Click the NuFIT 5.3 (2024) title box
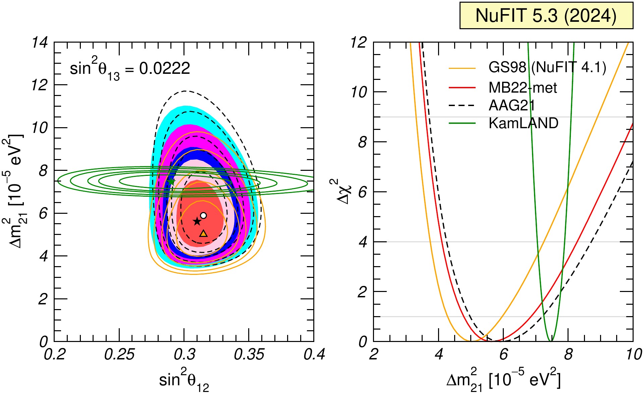point(546,15)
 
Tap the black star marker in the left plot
point(197,221)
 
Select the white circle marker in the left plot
point(203,215)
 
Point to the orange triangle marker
point(203,234)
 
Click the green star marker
point(171,182)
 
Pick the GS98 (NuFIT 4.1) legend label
point(547,68)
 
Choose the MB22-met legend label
point(523,88)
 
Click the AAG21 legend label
point(512,106)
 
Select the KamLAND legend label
point(523,123)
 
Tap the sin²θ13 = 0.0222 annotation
point(130,69)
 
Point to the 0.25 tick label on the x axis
point(119,355)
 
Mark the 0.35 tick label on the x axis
point(249,355)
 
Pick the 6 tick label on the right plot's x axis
point(503,355)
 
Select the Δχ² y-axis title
point(341,191)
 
